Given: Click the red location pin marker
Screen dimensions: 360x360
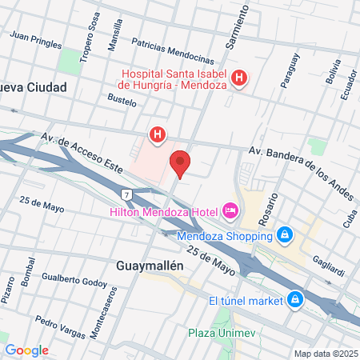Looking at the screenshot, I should [181, 163].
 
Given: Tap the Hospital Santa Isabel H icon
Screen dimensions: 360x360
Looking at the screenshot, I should [239, 78].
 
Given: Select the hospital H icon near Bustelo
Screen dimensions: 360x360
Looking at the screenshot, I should [158, 134].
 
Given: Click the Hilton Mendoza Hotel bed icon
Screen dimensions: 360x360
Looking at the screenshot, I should [230, 210].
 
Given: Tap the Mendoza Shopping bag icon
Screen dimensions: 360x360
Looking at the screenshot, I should [283, 235].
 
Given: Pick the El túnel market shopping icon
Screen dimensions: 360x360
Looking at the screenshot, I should [296, 300].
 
